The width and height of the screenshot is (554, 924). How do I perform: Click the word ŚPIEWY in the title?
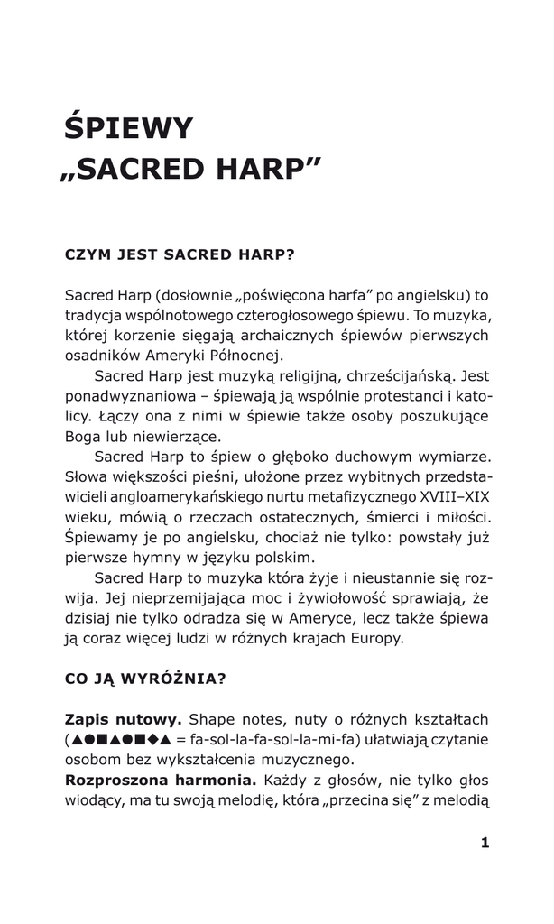(129, 128)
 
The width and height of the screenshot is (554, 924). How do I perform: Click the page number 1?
(485, 843)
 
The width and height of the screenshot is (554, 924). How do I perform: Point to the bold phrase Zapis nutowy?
(124, 718)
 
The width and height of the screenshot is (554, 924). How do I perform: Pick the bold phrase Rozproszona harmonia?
(161, 778)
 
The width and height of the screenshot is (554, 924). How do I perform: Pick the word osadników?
(99, 356)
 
